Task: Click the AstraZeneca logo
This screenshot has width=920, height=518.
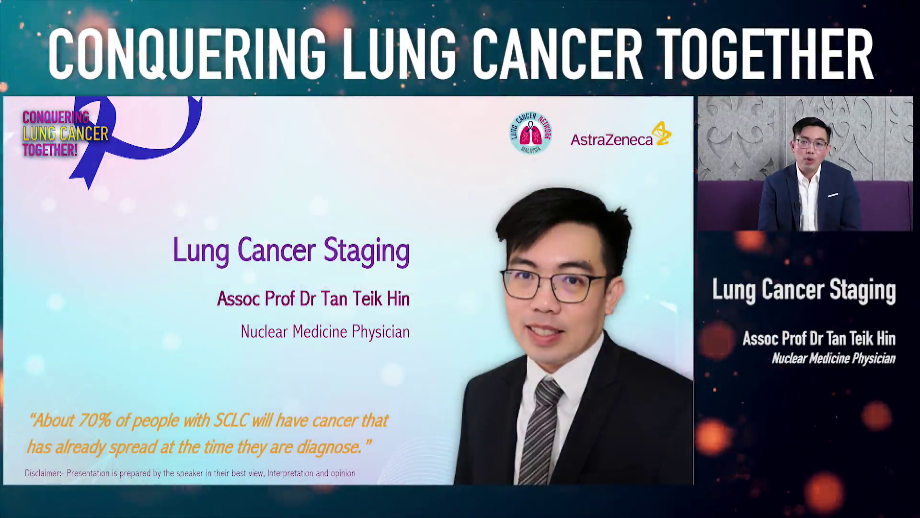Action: click(621, 134)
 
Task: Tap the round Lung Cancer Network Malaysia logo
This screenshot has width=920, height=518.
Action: click(530, 133)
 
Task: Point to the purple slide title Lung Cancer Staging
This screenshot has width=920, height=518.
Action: click(291, 250)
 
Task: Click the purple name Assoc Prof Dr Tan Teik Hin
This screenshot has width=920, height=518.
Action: click(313, 299)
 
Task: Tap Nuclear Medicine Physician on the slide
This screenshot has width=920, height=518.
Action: click(325, 332)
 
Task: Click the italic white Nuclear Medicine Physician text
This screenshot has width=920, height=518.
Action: click(833, 359)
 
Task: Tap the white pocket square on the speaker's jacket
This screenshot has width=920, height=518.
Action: click(833, 195)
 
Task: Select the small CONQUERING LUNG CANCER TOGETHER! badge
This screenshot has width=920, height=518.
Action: click(65, 134)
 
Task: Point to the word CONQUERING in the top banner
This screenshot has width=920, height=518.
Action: click(187, 54)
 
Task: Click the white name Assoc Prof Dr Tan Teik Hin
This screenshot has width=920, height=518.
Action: click(819, 339)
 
